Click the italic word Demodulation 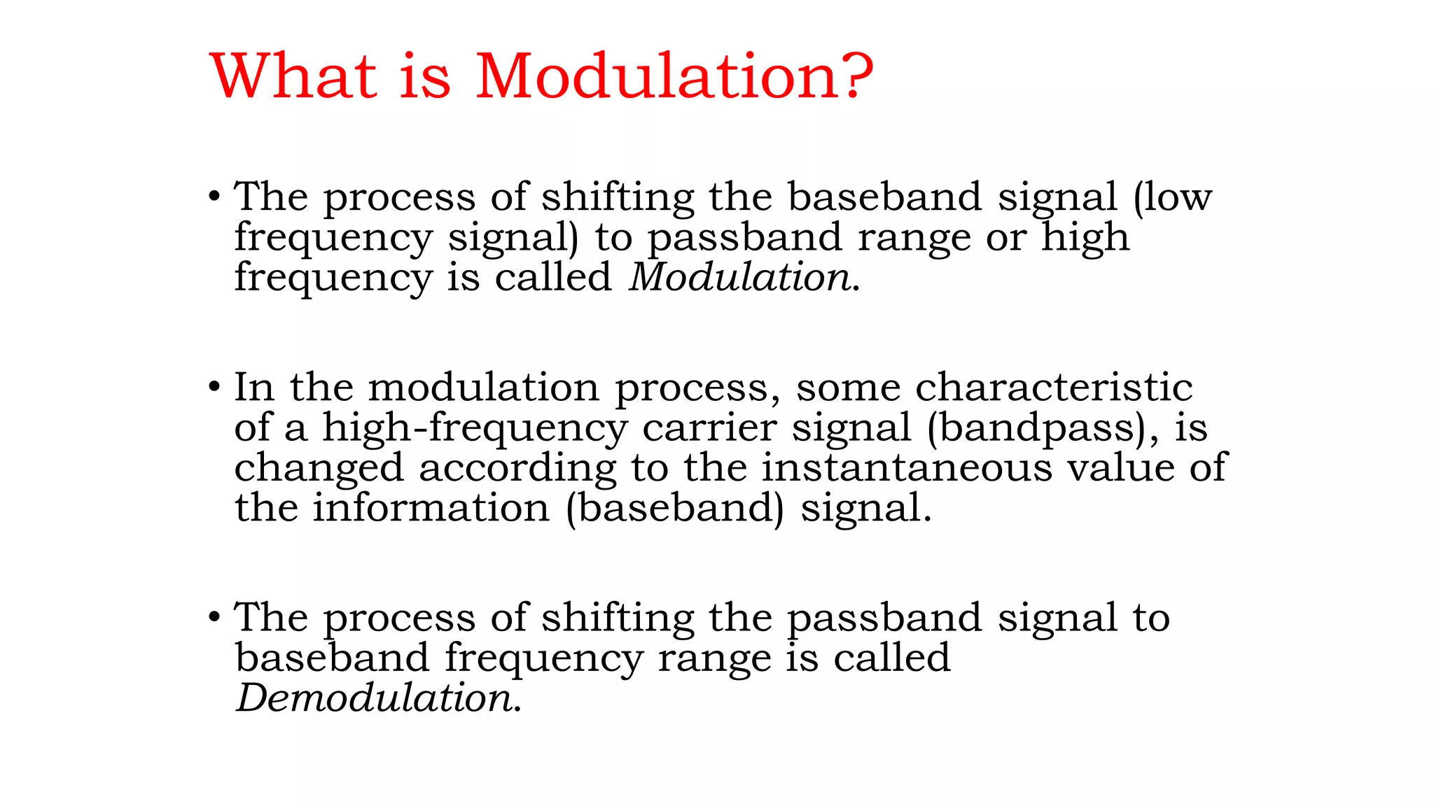click(375, 698)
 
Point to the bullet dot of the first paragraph click(214, 196)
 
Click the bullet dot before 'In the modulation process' click(214, 386)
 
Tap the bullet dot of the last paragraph click(214, 617)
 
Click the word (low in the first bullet click(1172, 197)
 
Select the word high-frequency click(474, 427)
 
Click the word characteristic click(1054, 388)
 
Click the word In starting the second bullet click(253, 388)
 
